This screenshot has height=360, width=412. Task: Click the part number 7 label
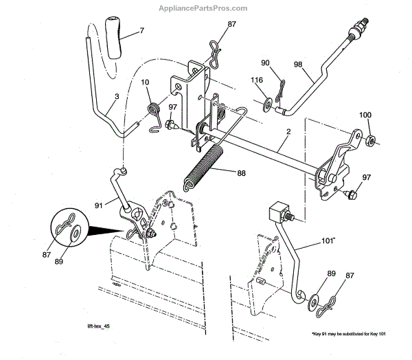click(141, 31)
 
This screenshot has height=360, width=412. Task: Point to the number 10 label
click(145, 84)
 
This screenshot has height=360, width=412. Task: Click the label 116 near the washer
click(257, 81)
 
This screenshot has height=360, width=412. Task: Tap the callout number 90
click(266, 63)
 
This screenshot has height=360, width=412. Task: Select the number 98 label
click(298, 64)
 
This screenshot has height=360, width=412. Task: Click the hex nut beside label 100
click(369, 142)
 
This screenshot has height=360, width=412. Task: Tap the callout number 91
click(99, 203)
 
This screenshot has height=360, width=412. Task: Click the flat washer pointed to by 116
click(265, 107)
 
